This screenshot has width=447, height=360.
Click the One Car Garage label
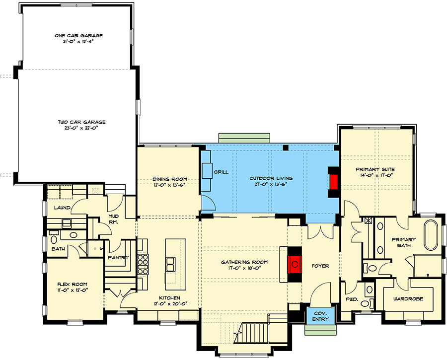click(x=78, y=36)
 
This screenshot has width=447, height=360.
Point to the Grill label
click(x=221, y=172)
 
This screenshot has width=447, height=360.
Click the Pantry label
click(x=118, y=257)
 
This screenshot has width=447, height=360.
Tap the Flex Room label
click(x=73, y=285)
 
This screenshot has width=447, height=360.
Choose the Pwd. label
click(x=351, y=300)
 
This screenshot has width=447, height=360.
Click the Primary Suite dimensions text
click(x=374, y=175)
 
